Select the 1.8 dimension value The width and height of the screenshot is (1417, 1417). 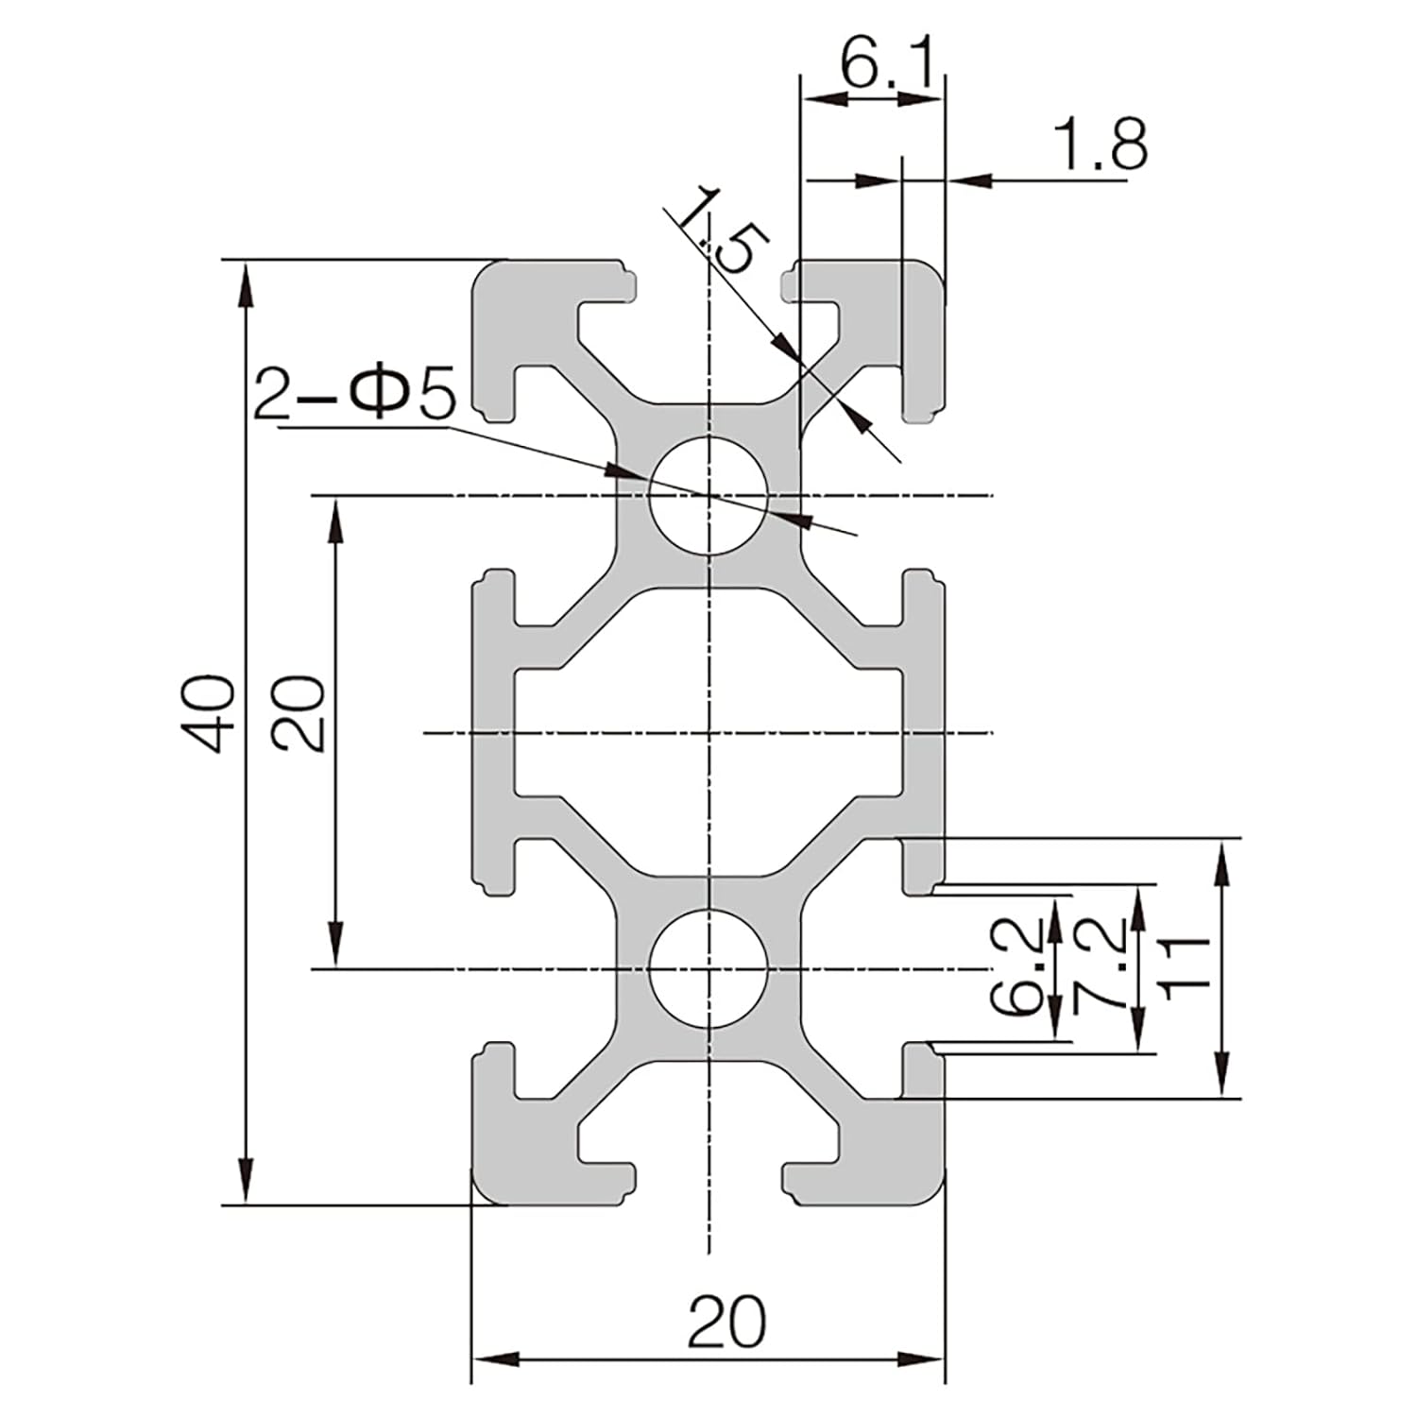1100,145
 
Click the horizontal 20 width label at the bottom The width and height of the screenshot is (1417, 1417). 726,1322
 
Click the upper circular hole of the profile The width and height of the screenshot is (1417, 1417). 708,495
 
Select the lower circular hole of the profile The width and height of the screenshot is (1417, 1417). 708,969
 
